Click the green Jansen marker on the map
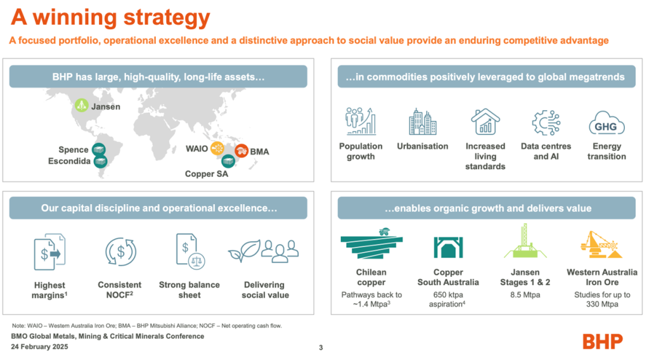81,105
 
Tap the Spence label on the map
74,150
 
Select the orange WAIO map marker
217,148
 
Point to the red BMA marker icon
241,151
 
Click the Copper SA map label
207,174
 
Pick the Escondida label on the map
69,161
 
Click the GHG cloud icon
607,123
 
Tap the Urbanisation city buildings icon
423,122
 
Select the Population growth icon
361,121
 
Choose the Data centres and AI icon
546,123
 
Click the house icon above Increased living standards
485,121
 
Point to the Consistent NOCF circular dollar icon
120,251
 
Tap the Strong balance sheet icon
190,251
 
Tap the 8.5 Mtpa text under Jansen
525,295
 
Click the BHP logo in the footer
603,342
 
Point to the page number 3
321,347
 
